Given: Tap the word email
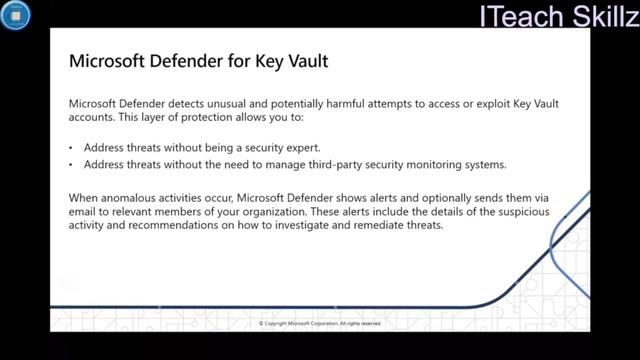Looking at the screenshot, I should tap(84, 212).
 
